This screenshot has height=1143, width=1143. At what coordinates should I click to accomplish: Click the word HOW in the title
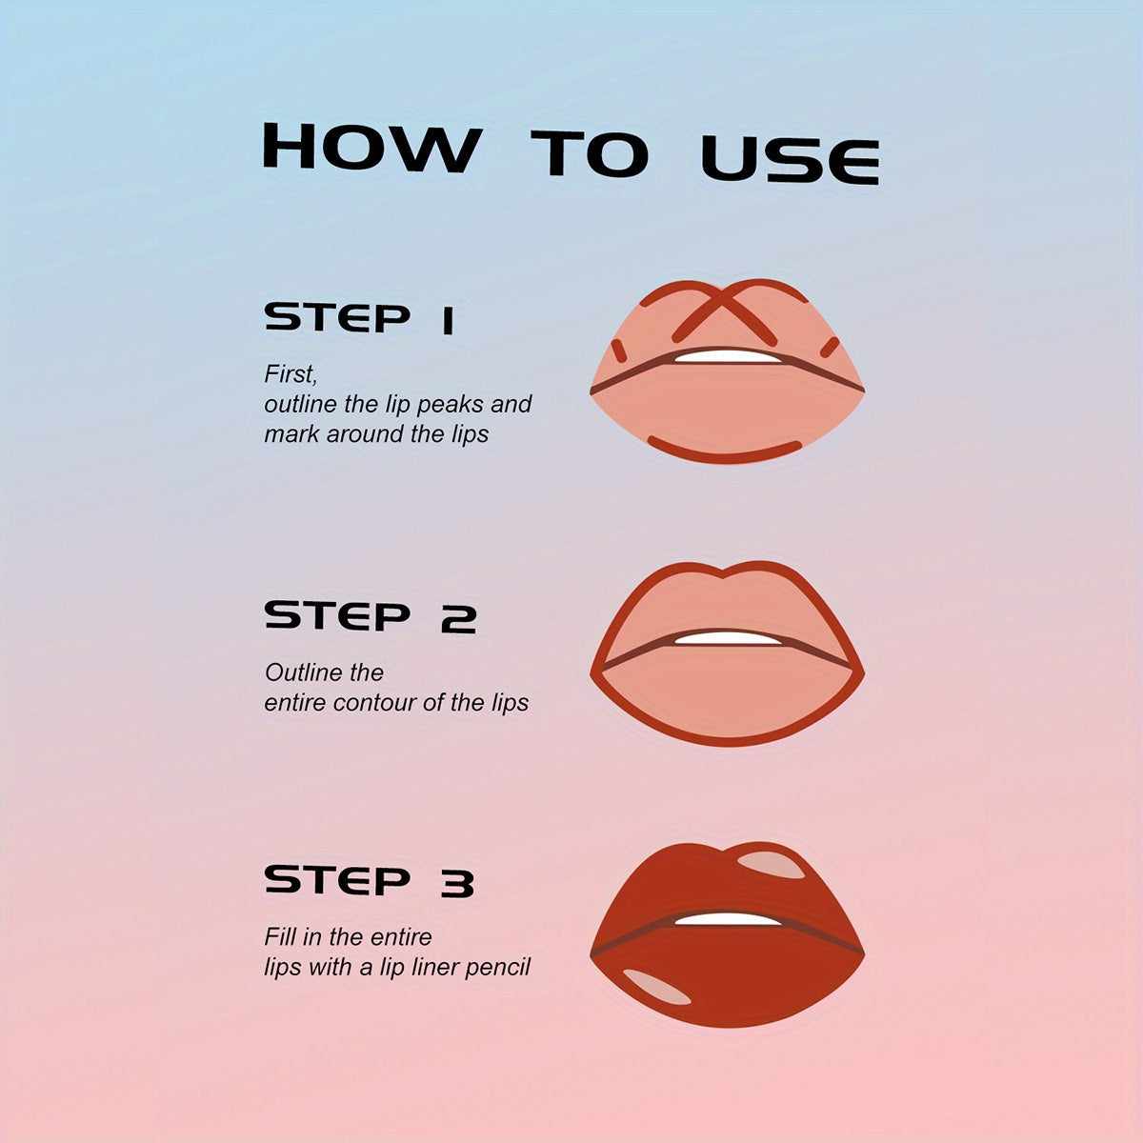[371, 148]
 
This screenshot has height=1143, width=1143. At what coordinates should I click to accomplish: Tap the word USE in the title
[790, 160]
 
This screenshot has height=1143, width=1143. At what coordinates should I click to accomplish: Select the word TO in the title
[590, 153]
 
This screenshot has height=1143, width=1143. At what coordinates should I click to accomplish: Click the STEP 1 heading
[359, 318]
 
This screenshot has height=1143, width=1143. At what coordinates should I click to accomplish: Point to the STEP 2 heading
[371, 616]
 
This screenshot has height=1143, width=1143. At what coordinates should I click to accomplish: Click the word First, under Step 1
[291, 375]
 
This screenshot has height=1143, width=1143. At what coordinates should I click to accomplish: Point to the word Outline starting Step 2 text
[304, 672]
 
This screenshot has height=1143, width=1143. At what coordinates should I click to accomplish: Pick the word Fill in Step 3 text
[280, 937]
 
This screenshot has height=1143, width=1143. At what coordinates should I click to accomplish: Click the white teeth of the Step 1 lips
[729, 356]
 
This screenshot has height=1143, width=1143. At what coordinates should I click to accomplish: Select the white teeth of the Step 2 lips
[729, 638]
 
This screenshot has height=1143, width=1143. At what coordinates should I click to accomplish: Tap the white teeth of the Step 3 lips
[729, 919]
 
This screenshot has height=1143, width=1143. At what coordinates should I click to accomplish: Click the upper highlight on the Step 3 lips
[772, 865]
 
